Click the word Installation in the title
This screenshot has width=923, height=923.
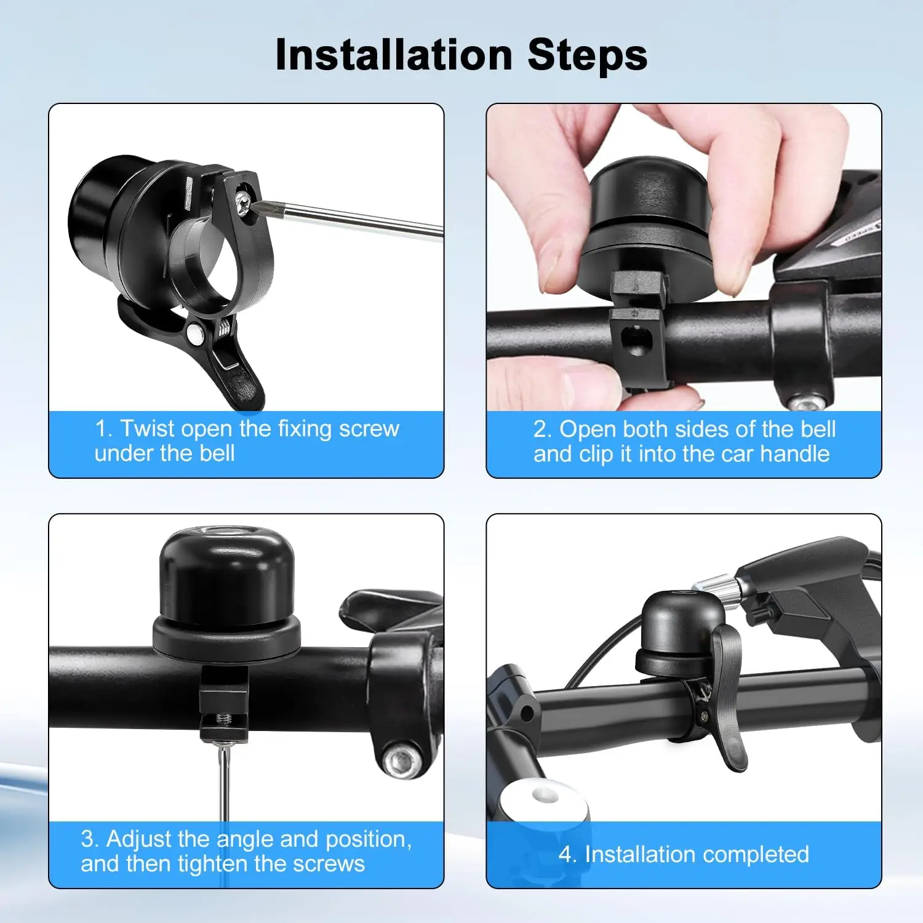(x=394, y=55)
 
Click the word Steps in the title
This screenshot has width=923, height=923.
(x=587, y=55)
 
